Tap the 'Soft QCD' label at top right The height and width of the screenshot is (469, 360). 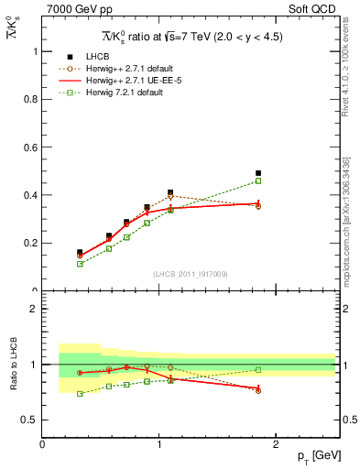pos(314,10)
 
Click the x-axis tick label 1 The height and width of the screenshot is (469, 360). pos(159,444)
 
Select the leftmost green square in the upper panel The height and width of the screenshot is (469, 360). pos(80,264)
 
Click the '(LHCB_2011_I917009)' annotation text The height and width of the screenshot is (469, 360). pos(191,274)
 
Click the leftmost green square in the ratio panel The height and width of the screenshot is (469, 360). pos(80,394)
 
